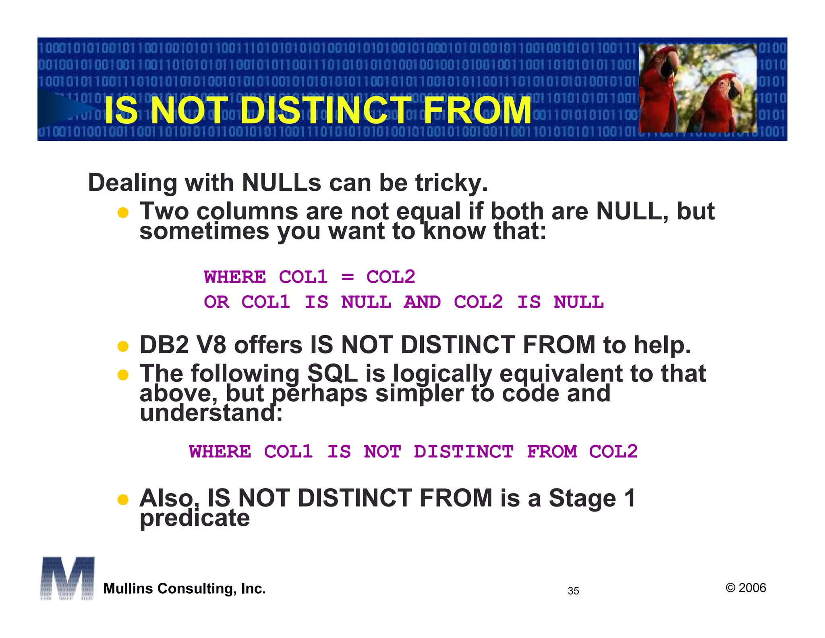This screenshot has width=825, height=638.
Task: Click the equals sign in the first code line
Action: tap(347, 277)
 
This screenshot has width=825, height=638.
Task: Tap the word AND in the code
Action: tap(422, 302)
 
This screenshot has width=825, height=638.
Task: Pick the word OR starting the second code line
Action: tap(217, 302)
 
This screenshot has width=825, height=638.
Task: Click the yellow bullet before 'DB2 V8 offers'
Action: tap(123, 346)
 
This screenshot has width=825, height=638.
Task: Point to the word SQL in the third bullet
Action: tap(332, 373)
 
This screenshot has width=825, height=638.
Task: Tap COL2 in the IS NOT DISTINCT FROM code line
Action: tap(613, 452)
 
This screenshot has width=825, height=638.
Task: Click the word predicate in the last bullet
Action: tap(195, 518)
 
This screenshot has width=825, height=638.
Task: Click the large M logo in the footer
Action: tap(67, 578)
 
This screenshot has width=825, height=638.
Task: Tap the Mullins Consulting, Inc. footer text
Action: tap(184, 589)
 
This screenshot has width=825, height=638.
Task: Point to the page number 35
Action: tap(573, 591)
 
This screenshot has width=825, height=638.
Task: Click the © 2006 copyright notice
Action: tap(746, 588)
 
